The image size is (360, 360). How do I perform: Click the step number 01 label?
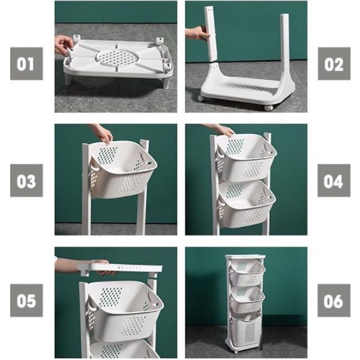26,64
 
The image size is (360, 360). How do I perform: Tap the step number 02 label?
334,64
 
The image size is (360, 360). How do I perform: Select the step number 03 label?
26,181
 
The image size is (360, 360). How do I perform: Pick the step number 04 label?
334,181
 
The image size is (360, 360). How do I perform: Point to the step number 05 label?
26,300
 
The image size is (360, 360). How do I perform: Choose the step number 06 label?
334,300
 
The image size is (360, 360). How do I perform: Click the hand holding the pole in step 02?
197,32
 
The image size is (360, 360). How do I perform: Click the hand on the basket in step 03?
102,133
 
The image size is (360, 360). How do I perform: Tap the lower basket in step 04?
247,203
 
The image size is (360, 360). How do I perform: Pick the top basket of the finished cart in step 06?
247,273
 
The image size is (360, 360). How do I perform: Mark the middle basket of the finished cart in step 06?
247,300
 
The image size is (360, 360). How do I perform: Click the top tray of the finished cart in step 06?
245,256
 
